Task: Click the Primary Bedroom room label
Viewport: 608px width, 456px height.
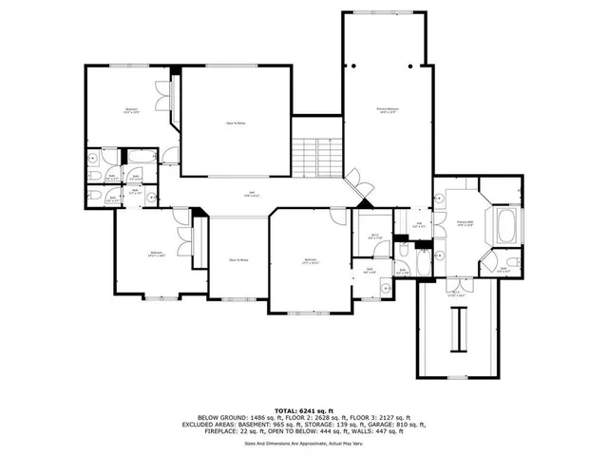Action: (386, 111)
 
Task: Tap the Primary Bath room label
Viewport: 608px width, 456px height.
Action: (465, 224)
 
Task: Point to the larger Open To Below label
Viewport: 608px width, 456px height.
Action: (237, 123)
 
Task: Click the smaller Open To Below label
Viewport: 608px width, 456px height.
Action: (238, 259)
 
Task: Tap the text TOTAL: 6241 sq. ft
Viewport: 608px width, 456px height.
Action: (305, 408)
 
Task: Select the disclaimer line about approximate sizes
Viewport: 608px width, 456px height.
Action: (305, 442)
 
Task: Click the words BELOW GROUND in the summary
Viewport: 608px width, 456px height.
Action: (218, 416)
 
